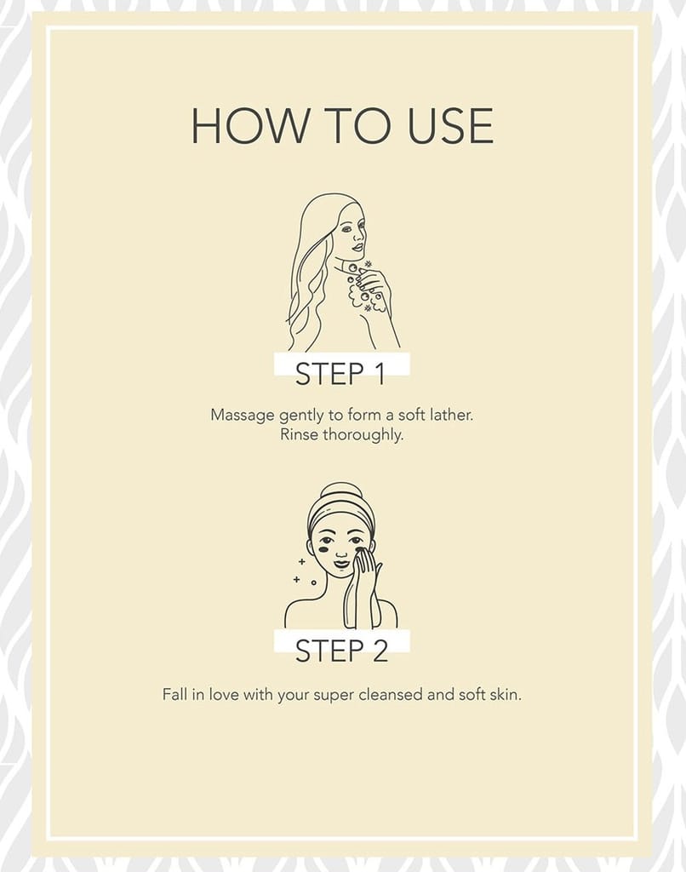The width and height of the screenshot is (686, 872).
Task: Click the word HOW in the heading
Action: click(x=249, y=126)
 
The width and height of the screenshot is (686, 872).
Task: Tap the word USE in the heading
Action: click(x=450, y=126)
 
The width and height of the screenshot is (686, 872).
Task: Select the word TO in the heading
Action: click(x=358, y=126)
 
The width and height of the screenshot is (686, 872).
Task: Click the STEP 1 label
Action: click(x=340, y=373)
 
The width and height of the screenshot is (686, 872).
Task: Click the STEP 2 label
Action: click(x=341, y=651)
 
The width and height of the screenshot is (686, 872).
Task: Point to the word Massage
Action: click(x=243, y=416)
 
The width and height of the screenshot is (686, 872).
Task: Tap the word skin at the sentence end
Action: click(x=506, y=695)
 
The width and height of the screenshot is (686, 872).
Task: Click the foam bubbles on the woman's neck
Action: click(x=364, y=286)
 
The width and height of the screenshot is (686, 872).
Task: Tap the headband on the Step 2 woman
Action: click(x=341, y=515)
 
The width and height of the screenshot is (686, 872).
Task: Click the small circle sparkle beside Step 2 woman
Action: click(x=313, y=582)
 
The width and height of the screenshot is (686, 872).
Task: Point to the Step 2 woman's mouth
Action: click(x=341, y=564)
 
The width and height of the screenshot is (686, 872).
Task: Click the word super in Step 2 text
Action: click(x=334, y=696)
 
